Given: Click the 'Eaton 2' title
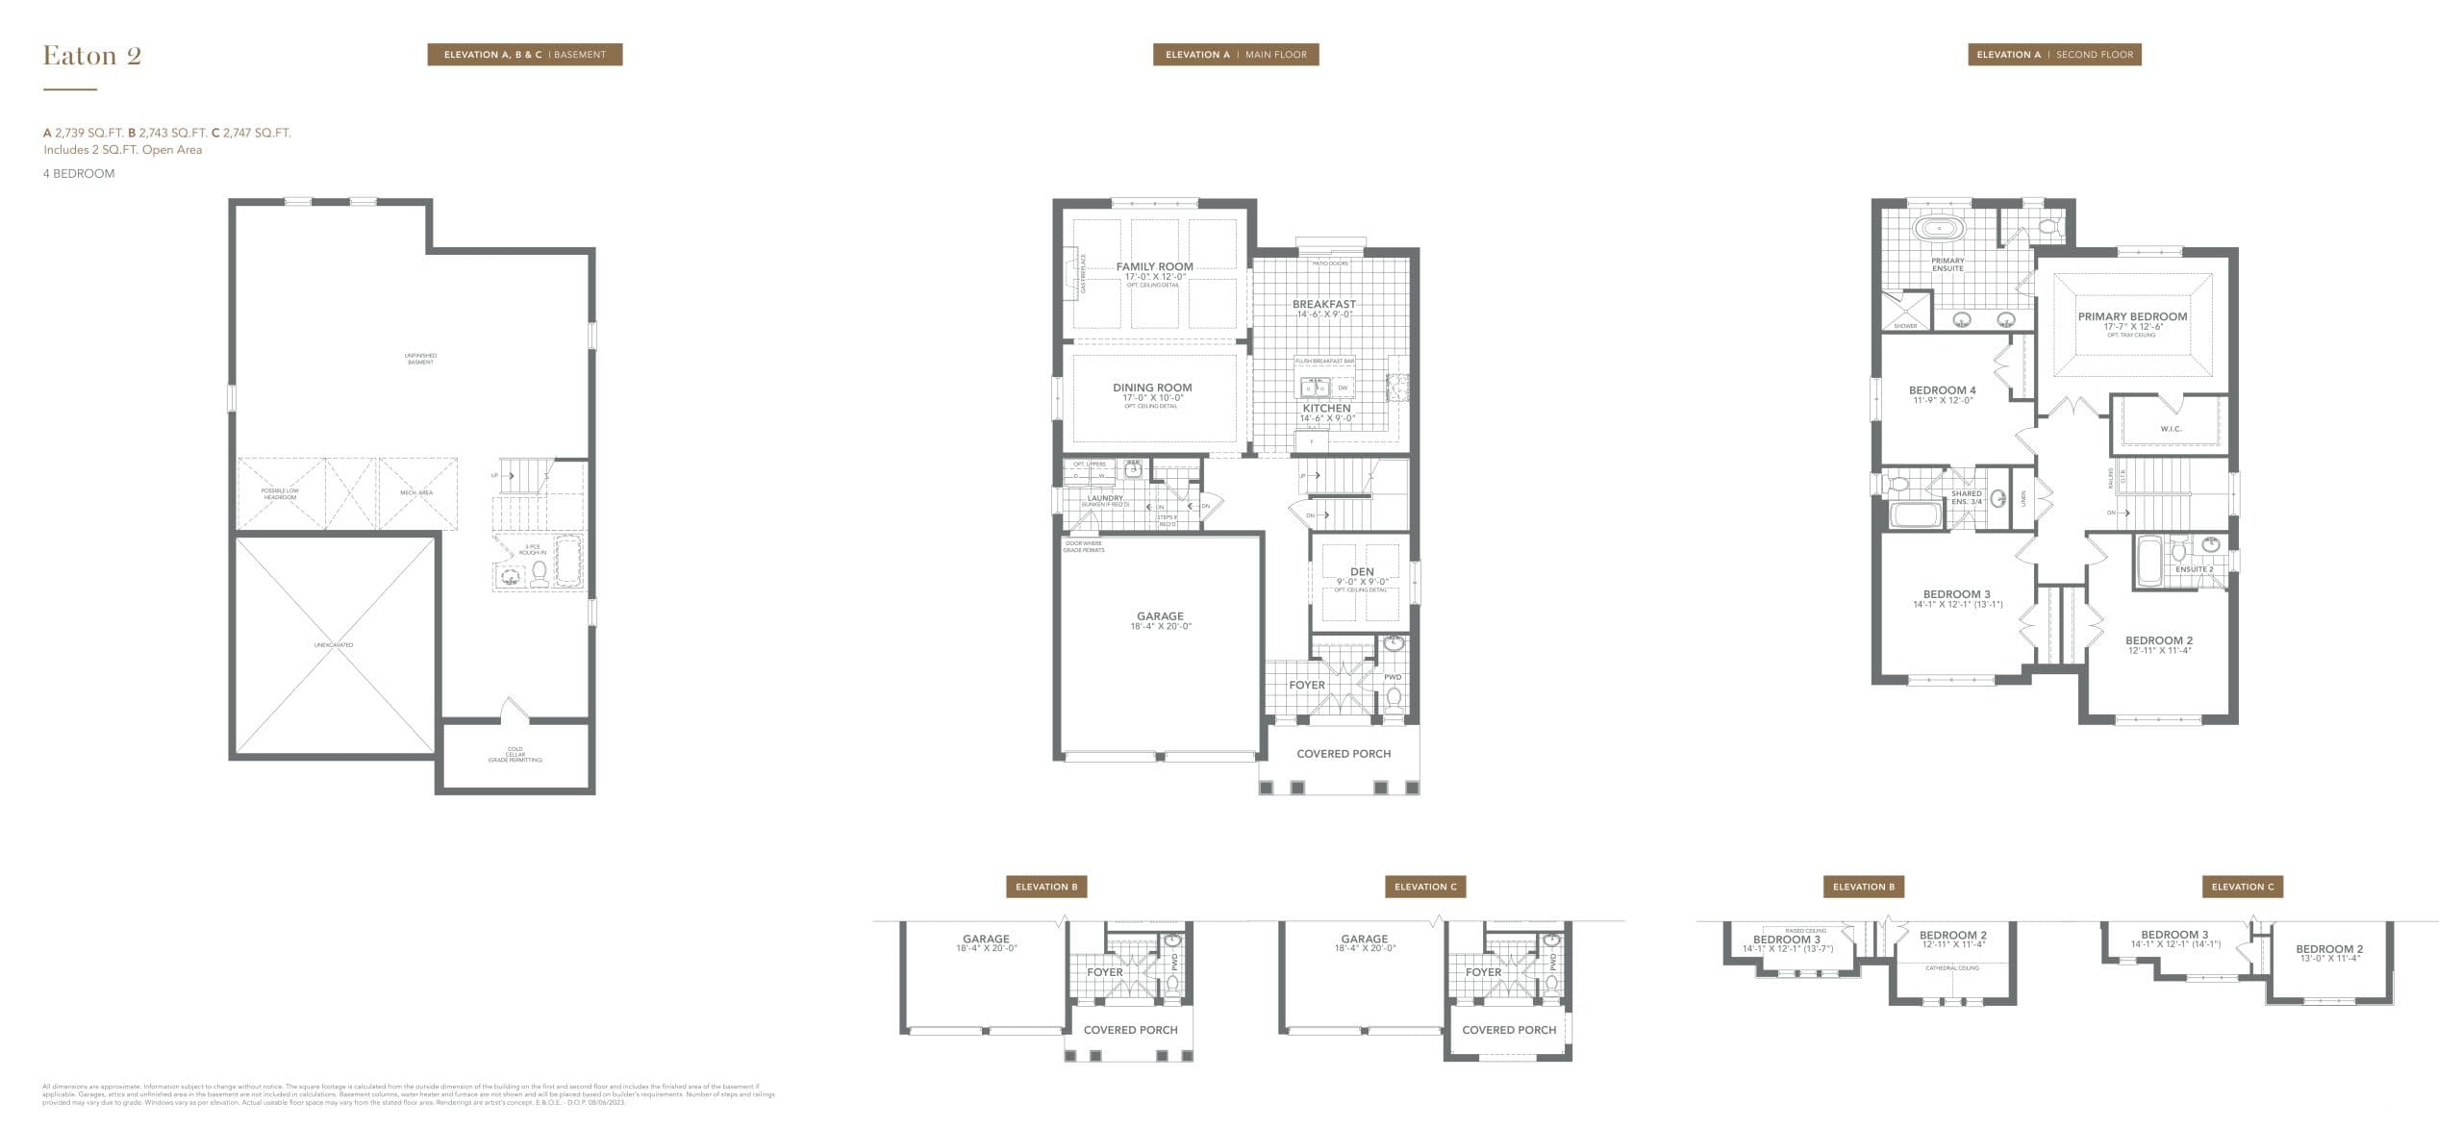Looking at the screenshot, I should (x=92, y=56).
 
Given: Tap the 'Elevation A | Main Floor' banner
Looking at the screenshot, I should (x=1236, y=55).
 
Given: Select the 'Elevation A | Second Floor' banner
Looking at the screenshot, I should (x=2054, y=55).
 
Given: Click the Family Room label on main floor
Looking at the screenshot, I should (x=1154, y=267).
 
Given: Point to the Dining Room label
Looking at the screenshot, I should (x=1152, y=389).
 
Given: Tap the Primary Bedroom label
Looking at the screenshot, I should (x=2132, y=317).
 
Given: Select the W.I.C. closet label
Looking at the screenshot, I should (x=2171, y=429).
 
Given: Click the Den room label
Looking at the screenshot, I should (x=1362, y=572).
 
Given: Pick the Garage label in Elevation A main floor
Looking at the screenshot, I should (x=1160, y=616).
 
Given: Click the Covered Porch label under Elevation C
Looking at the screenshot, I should (x=1509, y=1030).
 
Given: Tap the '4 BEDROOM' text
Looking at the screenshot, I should (x=79, y=174).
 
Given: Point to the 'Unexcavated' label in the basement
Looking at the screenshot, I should (x=334, y=645).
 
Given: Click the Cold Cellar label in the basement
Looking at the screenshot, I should (x=515, y=755).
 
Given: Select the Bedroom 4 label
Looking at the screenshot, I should (x=1942, y=391).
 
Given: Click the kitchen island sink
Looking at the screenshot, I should (x=1314, y=388).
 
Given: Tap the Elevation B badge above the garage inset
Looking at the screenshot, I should (x=1046, y=887).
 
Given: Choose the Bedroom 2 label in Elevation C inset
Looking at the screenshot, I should (x=2329, y=949).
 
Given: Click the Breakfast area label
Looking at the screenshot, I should (x=1323, y=305).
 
